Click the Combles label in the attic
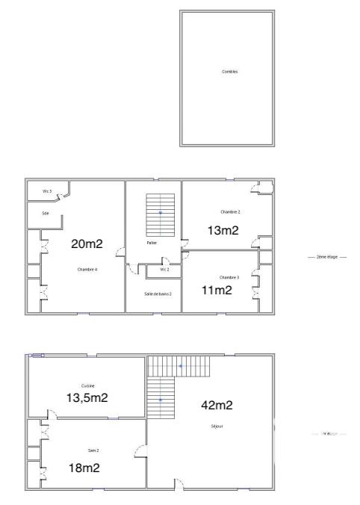tap(230, 72)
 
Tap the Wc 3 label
tap(46, 192)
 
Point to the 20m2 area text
tap(87, 244)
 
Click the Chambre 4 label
tap(87, 269)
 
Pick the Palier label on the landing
tap(152, 243)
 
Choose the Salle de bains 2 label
tap(158, 294)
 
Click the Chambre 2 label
tap(230, 212)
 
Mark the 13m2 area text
tap(223, 230)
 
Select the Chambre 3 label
tap(229, 277)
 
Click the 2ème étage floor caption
tap(327, 257)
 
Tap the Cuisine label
tap(87, 385)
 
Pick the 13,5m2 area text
tap(87, 397)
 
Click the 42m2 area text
tap(217, 406)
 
